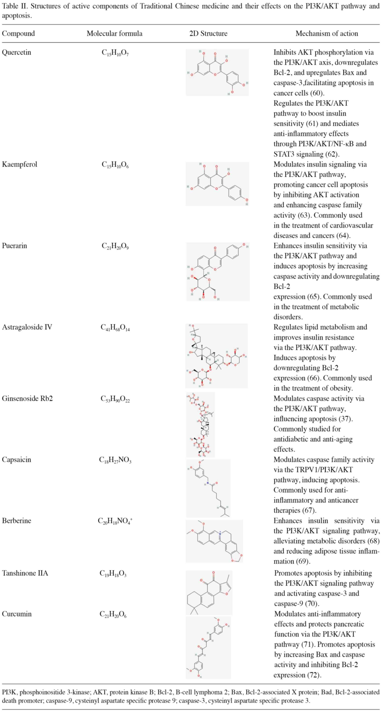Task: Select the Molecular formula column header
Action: (x=115, y=33)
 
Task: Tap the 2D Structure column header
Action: (x=208, y=33)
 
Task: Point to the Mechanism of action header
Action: (x=327, y=33)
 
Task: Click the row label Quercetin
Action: (x=16, y=52)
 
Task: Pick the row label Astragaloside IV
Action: (x=27, y=327)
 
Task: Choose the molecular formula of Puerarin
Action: (x=115, y=246)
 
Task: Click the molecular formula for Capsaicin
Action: (x=115, y=460)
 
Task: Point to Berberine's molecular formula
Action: (x=115, y=521)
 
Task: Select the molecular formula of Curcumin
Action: (x=113, y=614)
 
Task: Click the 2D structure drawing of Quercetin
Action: (x=217, y=72)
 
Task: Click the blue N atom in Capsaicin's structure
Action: (x=208, y=483)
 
